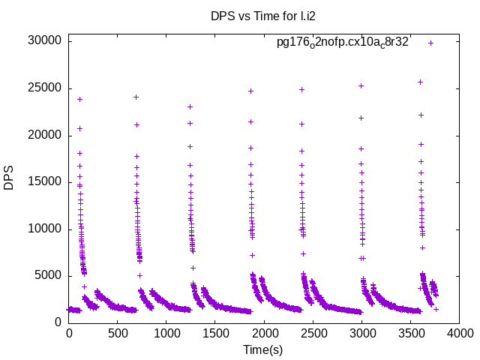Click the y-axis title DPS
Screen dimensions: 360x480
(x=10, y=178)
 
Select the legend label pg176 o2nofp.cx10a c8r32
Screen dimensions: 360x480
(x=343, y=42)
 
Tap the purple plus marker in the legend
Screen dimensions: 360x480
(x=430, y=43)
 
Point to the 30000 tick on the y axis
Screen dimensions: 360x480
(x=43, y=41)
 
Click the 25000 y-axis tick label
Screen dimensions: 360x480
(x=43, y=88)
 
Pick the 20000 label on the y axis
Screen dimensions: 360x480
(x=43, y=135)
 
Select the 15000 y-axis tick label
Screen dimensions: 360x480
(x=43, y=181)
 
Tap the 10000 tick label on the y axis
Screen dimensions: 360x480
(x=43, y=229)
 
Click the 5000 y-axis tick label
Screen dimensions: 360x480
(x=46, y=275)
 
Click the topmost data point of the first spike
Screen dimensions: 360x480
(x=79, y=99)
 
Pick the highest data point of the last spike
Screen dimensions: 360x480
(x=420, y=82)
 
